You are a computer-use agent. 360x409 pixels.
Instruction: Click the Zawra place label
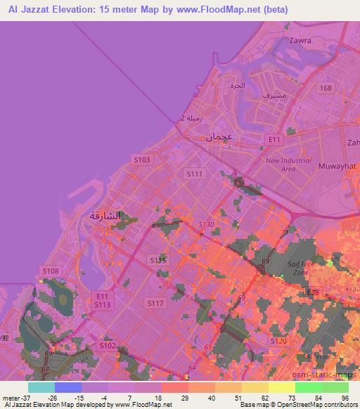coord(300,41)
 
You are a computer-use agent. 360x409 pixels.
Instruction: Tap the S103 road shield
coord(142,160)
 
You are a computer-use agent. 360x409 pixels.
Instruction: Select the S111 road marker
coord(194,173)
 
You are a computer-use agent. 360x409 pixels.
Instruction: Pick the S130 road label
coord(205,224)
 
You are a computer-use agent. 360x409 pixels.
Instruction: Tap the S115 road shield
coord(158,260)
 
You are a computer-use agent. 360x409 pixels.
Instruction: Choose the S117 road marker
coord(155,302)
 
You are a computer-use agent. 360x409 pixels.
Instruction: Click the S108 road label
coord(50,271)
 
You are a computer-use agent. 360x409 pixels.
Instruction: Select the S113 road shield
coord(102,304)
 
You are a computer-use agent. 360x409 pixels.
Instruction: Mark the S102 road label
coord(108,345)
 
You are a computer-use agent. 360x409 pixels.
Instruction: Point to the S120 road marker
coord(278,341)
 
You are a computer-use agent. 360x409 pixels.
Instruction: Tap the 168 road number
coord(325,88)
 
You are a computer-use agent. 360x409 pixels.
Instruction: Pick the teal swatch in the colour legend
coord(41,387)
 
